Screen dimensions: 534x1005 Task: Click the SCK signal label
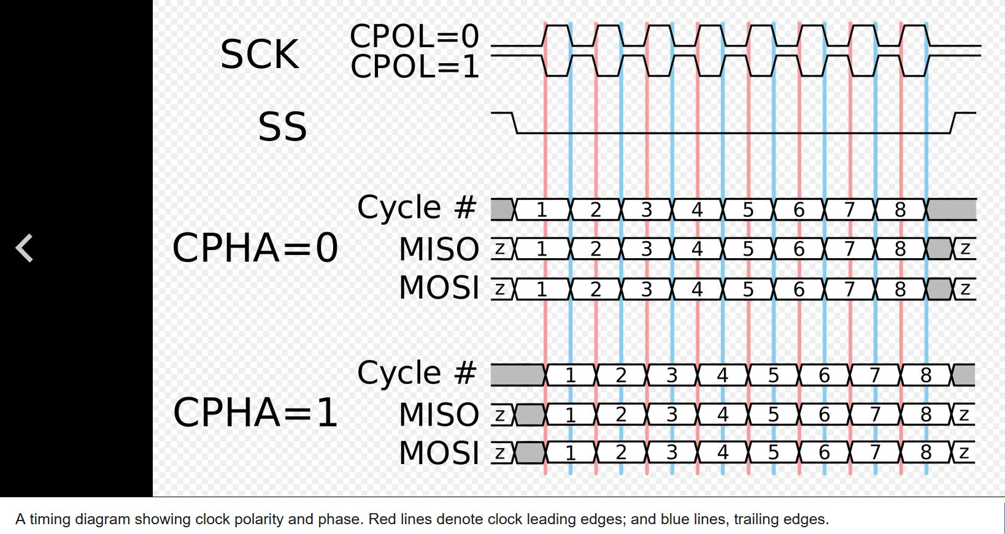260,55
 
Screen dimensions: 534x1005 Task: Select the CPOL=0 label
414,36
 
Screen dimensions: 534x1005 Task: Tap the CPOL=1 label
414,66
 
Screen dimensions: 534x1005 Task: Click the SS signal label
282,127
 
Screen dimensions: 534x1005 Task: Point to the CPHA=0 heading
255,248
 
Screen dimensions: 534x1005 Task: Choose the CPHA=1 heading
255,413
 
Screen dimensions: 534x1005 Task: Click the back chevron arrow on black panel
25,248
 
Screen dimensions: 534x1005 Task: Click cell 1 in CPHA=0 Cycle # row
541,210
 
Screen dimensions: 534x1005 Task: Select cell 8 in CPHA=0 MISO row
900,249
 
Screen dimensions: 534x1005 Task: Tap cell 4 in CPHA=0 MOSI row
697,289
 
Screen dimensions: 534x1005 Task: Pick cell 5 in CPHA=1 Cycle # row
773,375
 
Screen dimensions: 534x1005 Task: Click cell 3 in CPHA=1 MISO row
672,415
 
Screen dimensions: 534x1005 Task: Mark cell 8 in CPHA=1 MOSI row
926,452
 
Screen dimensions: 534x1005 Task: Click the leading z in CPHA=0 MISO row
500,249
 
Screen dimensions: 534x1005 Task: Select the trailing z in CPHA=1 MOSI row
964,452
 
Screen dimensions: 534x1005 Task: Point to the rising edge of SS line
953,123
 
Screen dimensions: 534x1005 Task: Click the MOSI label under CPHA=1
439,453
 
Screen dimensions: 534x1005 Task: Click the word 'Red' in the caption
382,519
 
